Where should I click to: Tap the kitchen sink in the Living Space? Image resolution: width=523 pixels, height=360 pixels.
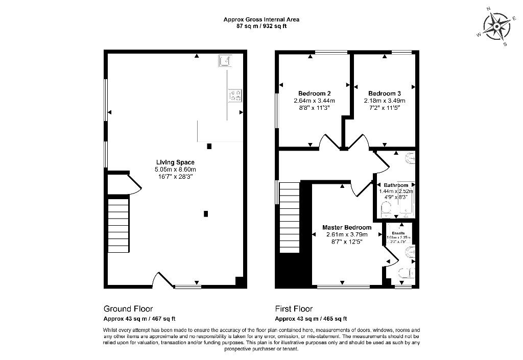[x=225, y=61]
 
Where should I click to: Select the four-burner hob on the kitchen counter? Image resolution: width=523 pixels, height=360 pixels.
[x=235, y=95]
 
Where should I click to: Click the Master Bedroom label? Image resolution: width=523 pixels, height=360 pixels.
[x=347, y=227]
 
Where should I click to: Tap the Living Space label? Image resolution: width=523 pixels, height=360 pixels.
[x=176, y=162]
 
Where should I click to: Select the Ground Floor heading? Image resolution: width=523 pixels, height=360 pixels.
[x=128, y=308]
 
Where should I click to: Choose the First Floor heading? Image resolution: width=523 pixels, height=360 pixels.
[x=294, y=308]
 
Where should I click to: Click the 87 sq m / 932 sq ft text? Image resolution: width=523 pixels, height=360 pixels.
[x=261, y=26]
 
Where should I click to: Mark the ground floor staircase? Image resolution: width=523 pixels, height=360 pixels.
[x=118, y=224]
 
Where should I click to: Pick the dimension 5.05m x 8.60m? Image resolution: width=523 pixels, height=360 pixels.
[x=176, y=170]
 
